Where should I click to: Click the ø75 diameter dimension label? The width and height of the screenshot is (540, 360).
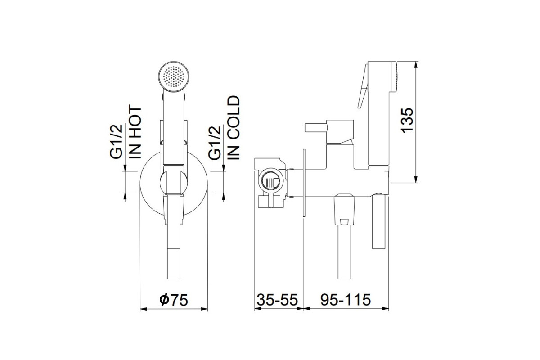pos(174,300)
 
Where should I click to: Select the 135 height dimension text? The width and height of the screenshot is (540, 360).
pos(407,120)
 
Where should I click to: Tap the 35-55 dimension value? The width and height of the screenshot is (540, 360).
pos(278,300)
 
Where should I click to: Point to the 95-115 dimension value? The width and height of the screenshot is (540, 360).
pos(346,300)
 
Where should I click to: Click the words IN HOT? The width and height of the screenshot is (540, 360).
pos(135,132)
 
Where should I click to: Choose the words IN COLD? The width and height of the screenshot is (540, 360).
pos(234,128)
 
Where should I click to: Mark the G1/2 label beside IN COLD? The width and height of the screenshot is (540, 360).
pos(214,143)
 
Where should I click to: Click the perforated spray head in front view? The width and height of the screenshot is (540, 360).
pos(174,76)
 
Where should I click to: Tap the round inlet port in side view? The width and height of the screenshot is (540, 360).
pos(271,181)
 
